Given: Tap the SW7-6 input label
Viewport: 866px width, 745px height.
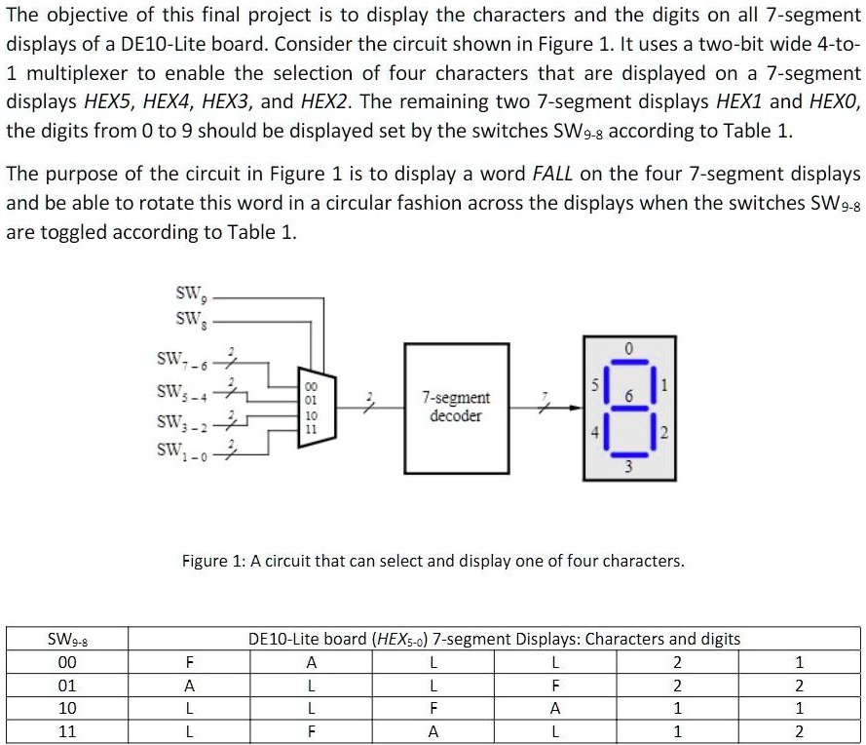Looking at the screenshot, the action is [x=182, y=360].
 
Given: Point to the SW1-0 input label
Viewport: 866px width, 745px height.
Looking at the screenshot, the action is [x=182, y=451].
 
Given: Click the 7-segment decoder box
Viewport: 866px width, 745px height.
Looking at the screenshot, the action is [x=456, y=409].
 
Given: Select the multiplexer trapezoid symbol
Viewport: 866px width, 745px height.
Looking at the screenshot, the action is [x=317, y=407].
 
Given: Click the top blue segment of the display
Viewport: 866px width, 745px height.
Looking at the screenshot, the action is [x=629, y=362].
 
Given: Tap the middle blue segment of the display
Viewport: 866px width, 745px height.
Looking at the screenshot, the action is [x=629, y=409].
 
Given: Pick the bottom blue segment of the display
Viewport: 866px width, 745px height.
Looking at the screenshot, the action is [x=629, y=454].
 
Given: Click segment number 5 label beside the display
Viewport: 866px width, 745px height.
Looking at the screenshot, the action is [x=595, y=384].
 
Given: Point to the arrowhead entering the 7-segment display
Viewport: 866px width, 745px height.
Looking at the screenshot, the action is [x=576, y=409].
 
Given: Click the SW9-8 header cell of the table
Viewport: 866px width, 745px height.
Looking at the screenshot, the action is [x=67, y=640].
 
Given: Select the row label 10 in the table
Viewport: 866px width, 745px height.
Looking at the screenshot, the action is [x=67, y=708].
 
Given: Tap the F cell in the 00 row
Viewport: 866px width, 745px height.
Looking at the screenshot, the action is [x=189, y=662].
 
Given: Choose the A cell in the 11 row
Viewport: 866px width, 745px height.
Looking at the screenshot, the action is [x=433, y=731].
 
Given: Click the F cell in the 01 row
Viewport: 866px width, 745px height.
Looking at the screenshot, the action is [x=555, y=686].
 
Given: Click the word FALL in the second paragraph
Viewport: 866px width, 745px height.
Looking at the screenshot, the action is [x=552, y=175].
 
